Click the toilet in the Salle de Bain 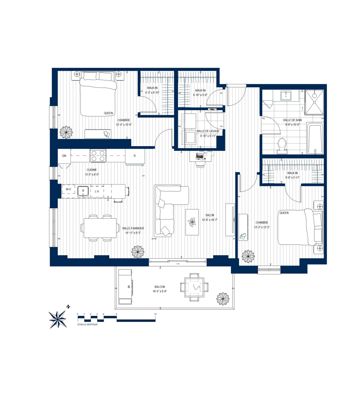[282, 145]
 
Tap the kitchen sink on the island [83, 191]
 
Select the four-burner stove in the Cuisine [98, 156]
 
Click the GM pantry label [64, 156]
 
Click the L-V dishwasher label [97, 191]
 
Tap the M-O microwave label [68, 189]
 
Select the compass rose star [58, 319]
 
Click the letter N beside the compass [68, 307]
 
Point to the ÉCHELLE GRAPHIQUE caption [88, 324]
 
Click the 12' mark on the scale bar [155, 314]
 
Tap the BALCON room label [160, 287]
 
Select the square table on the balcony [194, 287]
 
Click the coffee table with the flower [192, 222]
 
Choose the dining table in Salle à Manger [100, 228]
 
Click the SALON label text [210, 215]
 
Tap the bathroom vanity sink [286, 95]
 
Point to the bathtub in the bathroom [315, 139]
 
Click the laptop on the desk [200, 156]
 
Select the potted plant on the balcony [223, 299]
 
